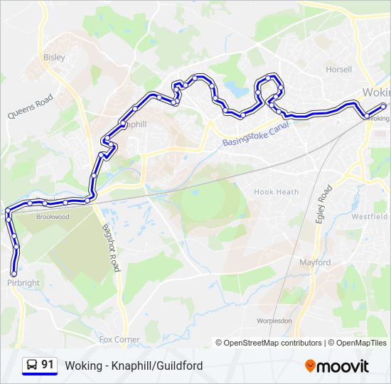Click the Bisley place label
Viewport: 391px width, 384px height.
pyautogui.click(x=54, y=57)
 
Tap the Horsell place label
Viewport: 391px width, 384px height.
pyautogui.click(x=338, y=70)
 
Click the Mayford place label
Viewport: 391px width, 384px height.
pyautogui.click(x=314, y=262)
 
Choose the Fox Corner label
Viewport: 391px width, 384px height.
pyautogui.click(x=119, y=340)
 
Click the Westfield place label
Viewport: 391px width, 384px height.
pyautogui.click(x=370, y=216)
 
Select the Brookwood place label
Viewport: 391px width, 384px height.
pyautogui.click(x=53, y=217)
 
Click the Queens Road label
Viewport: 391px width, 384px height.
pyautogui.click(x=31, y=107)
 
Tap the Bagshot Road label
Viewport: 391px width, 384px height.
pyautogui.click(x=110, y=247)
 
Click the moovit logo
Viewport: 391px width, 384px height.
pyautogui.click(x=337, y=366)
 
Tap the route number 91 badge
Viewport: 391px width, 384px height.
pyautogui.click(x=40, y=366)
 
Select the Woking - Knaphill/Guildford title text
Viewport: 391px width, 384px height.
pyautogui.click(x=134, y=366)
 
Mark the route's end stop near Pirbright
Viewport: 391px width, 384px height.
pyautogui.click(x=14, y=272)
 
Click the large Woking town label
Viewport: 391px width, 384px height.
pyautogui.click(x=375, y=93)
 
